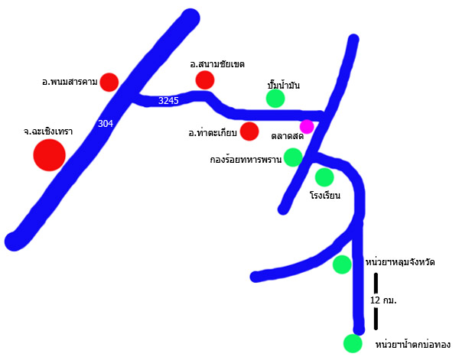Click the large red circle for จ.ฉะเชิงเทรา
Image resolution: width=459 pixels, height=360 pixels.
(49, 155)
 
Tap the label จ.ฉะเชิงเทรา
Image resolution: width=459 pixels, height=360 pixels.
(48, 131)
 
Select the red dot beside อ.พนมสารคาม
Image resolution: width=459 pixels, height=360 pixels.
(109, 82)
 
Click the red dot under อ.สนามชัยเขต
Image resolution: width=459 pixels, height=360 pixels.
(205, 79)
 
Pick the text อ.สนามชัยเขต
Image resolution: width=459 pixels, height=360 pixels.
(222, 63)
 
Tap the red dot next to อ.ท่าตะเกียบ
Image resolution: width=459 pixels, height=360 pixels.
(249, 131)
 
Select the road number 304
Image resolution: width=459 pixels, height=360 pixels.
(106, 124)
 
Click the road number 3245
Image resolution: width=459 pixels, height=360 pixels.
(168, 100)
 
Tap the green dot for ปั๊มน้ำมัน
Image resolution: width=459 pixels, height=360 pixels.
(275, 98)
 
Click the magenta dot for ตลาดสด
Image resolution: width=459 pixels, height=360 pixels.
(307, 126)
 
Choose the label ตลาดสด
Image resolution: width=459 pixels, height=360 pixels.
(288, 136)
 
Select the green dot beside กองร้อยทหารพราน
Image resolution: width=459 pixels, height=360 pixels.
(293, 157)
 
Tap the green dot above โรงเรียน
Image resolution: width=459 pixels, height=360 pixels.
(324, 177)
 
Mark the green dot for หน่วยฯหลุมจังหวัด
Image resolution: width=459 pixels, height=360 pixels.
(342, 264)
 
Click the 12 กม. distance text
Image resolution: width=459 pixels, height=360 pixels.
(383, 300)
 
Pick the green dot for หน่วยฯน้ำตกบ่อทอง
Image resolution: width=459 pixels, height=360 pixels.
(353, 343)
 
